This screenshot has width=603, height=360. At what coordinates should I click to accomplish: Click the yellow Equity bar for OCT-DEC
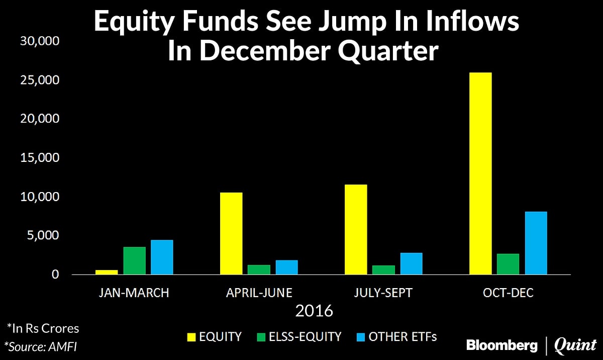tap(481, 173)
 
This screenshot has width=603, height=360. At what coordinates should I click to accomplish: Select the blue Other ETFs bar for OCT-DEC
tap(536, 243)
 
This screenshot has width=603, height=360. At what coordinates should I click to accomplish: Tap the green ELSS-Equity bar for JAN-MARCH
tap(134, 260)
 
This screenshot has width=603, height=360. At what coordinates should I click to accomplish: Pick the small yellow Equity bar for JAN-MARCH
tap(107, 272)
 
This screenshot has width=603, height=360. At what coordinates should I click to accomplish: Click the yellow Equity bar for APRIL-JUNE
tap(231, 233)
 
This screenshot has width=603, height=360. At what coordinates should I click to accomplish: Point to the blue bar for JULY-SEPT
tap(411, 263)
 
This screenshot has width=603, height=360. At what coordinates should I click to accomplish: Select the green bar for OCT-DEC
tap(508, 264)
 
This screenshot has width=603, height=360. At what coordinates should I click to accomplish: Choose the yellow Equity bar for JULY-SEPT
tap(356, 229)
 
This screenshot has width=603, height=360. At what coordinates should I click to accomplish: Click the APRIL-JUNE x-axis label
tap(259, 293)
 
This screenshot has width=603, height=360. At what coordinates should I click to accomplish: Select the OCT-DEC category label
tap(508, 293)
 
